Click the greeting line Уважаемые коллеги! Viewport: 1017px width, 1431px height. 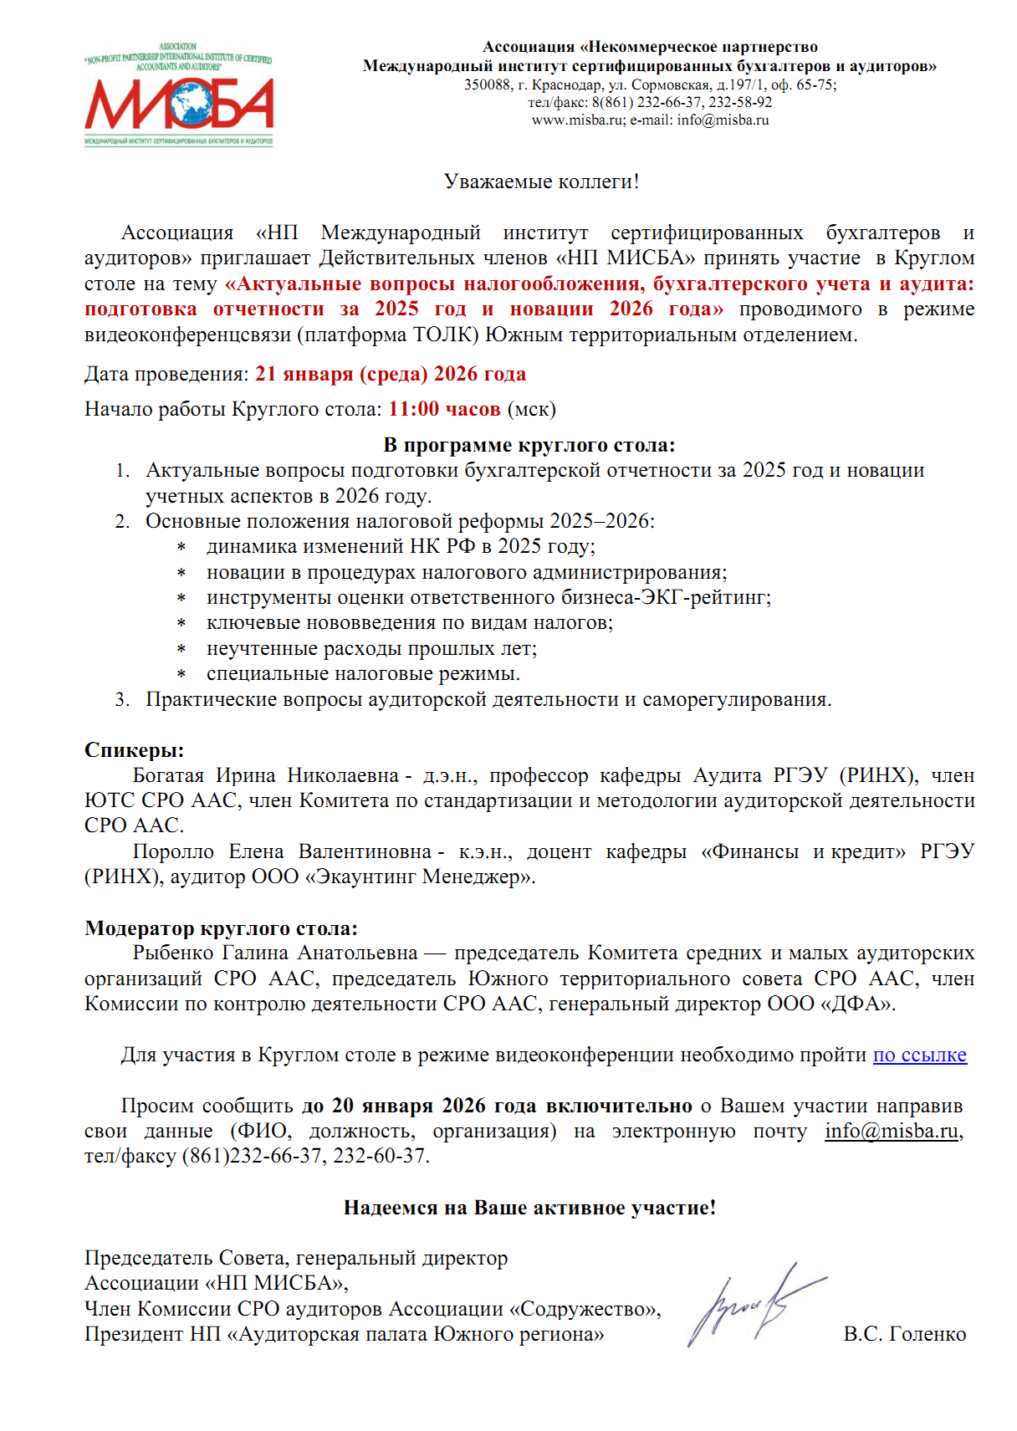pyautogui.click(x=541, y=181)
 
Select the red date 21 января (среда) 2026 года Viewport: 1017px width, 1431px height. pyautogui.click(x=391, y=374)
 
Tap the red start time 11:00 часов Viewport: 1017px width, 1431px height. pyautogui.click(x=444, y=409)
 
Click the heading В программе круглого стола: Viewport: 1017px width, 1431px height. pyautogui.click(x=529, y=445)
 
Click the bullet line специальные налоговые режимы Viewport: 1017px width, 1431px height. pyautogui.click(x=363, y=673)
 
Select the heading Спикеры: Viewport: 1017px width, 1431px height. pyautogui.click(x=134, y=749)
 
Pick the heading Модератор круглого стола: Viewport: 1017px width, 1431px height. pyautogui.click(x=221, y=928)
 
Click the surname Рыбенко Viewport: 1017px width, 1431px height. pyautogui.click(x=173, y=953)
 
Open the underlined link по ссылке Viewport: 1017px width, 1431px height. pyautogui.click(x=919, y=1055)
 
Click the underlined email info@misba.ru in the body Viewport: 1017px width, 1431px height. pyautogui.click(x=891, y=1131)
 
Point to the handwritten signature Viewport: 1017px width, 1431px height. pyautogui.click(x=753, y=1303)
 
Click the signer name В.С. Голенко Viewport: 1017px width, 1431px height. pyautogui.click(x=904, y=1334)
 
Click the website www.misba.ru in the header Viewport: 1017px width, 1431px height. pyautogui.click(x=577, y=120)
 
